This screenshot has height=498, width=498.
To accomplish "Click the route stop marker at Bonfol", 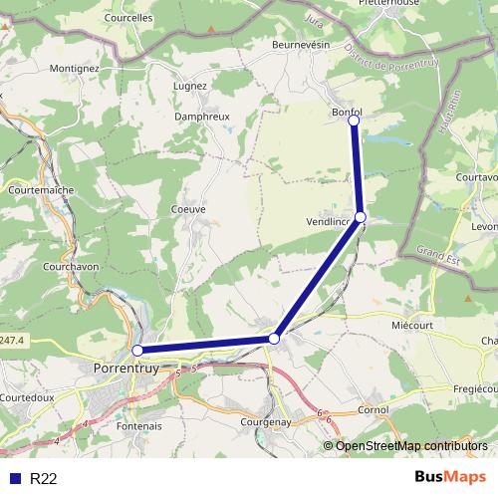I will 354,121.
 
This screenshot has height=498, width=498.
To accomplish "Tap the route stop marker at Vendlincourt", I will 361,216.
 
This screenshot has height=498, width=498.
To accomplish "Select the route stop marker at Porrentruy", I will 137,350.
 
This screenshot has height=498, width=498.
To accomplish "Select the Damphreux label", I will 202,117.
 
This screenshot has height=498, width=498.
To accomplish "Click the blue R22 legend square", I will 13,478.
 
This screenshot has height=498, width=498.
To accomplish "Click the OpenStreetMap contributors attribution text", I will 411,445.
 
